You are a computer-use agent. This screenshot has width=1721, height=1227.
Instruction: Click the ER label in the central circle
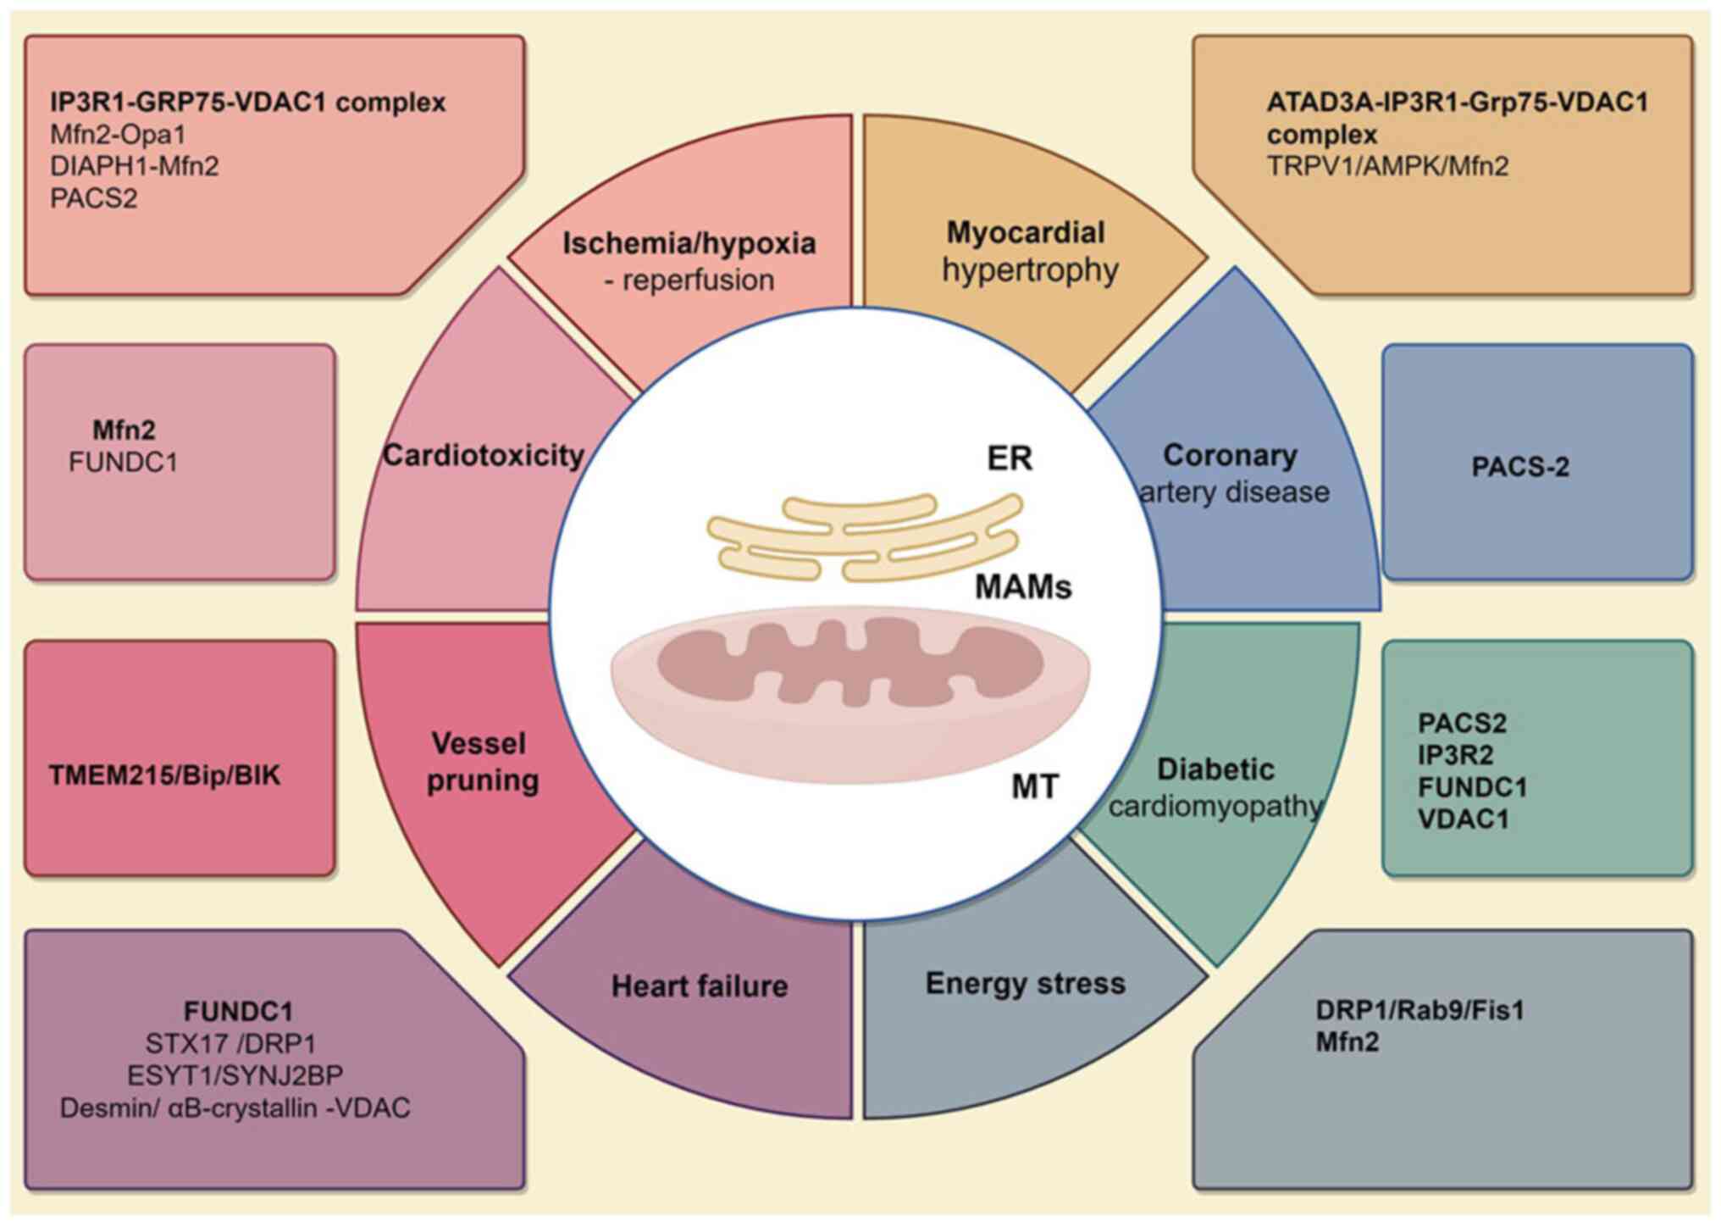1010,458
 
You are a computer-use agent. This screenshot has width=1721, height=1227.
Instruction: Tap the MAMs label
1023,586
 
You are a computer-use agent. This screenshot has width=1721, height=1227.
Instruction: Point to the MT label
1035,787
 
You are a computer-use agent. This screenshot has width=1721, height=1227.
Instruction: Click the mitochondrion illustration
850,694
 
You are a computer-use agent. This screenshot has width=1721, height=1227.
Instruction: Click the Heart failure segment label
700,985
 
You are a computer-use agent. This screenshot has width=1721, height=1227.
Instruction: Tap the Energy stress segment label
1025,983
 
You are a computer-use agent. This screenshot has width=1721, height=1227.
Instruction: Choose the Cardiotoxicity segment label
484,455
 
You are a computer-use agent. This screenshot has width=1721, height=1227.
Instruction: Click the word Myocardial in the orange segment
1025,232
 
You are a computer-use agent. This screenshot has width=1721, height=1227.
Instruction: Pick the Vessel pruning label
483,762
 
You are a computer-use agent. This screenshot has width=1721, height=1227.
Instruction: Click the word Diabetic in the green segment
1215,769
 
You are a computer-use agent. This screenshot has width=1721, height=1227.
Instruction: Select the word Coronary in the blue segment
1230,455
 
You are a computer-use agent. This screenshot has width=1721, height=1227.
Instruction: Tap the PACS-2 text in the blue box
1520,466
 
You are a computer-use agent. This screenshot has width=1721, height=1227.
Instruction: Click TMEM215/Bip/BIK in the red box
164,775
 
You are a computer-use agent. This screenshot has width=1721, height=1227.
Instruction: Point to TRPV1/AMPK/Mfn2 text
1387,165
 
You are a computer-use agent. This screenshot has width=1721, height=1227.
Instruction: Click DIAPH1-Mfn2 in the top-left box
134,165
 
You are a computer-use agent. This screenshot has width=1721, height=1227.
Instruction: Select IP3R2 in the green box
1455,754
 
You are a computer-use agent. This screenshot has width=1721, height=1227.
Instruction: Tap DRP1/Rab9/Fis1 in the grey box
1419,1010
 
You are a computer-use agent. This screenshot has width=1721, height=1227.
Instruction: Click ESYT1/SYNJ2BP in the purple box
235,1075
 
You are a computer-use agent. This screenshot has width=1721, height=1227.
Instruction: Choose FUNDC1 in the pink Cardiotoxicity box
123,462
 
